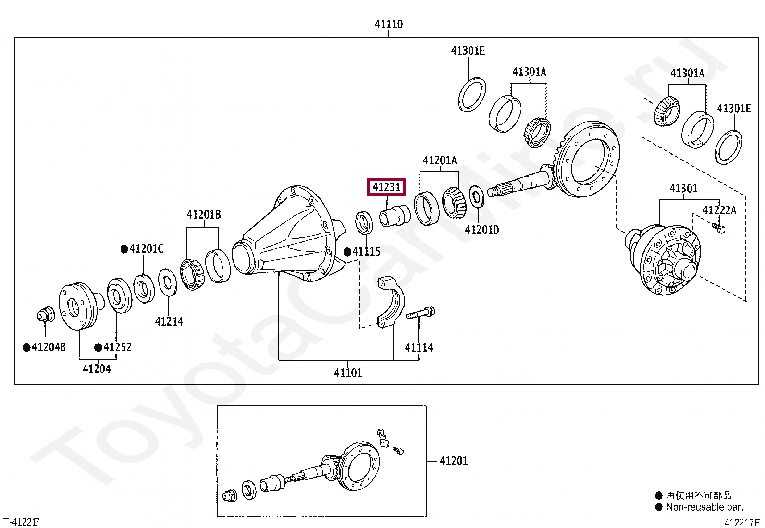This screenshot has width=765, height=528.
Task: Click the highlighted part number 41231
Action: tap(386, 187)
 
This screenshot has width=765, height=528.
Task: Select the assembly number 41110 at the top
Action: tap(388, 24)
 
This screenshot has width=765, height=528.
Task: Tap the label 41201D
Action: tap(481, 230)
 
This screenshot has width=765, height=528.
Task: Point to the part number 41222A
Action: tap(719, 210)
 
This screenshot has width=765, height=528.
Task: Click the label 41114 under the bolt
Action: tap(419, 347)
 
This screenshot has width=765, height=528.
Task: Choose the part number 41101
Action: tap(348, 373)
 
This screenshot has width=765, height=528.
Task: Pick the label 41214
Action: tap(169, 321)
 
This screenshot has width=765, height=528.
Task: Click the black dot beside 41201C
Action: tap(124, 249)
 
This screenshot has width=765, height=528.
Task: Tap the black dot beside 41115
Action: tap(347, 252)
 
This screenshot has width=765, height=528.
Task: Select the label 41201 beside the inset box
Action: tap(454, 461)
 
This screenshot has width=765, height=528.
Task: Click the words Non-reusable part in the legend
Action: tap(704, 507)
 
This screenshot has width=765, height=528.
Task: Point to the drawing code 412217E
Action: tap(742, 523)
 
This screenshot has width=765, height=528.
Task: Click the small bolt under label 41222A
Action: tap(719, 228)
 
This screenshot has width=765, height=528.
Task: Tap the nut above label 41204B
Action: tap(46, 315)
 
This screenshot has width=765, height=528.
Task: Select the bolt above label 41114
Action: tap(421, 314)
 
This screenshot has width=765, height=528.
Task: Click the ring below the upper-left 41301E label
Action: tap(472, 94)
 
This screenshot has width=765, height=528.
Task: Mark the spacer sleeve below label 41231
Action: tap(395, 216)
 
